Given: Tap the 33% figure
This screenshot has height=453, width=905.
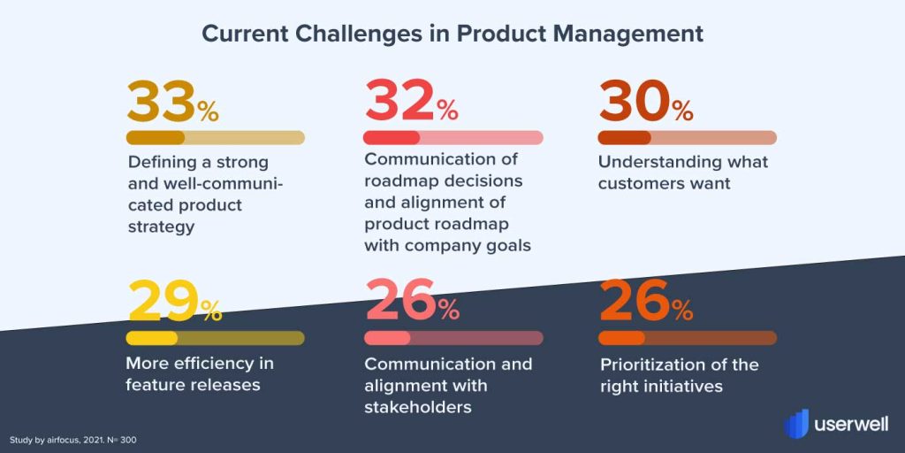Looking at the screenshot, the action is point(172,102).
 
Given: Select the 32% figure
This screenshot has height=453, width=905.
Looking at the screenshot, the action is point(411,102).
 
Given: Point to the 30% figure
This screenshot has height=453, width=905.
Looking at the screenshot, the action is point(646,102).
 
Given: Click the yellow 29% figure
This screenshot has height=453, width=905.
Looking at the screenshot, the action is point(174,301).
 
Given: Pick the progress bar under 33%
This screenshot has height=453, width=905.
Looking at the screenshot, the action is point(216,137).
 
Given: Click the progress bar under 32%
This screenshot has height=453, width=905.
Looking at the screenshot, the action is point(453,137).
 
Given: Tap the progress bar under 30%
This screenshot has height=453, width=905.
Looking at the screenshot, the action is point(688,137).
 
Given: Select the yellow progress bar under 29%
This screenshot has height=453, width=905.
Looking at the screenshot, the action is point(216,338).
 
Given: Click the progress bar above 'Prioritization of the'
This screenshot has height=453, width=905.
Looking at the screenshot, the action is point(688,338).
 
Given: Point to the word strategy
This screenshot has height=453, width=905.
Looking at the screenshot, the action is point(161,227).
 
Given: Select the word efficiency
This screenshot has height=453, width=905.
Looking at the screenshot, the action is point(204,364).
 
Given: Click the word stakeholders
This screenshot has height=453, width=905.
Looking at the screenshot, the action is point(418,407).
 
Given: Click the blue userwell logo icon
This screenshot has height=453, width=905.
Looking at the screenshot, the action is point(796,424).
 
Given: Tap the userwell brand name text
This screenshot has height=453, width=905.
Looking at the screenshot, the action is point(851,424).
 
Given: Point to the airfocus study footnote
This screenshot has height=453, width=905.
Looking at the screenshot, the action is point(72,441).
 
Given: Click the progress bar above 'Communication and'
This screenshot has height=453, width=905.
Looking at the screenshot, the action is point(453,338).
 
